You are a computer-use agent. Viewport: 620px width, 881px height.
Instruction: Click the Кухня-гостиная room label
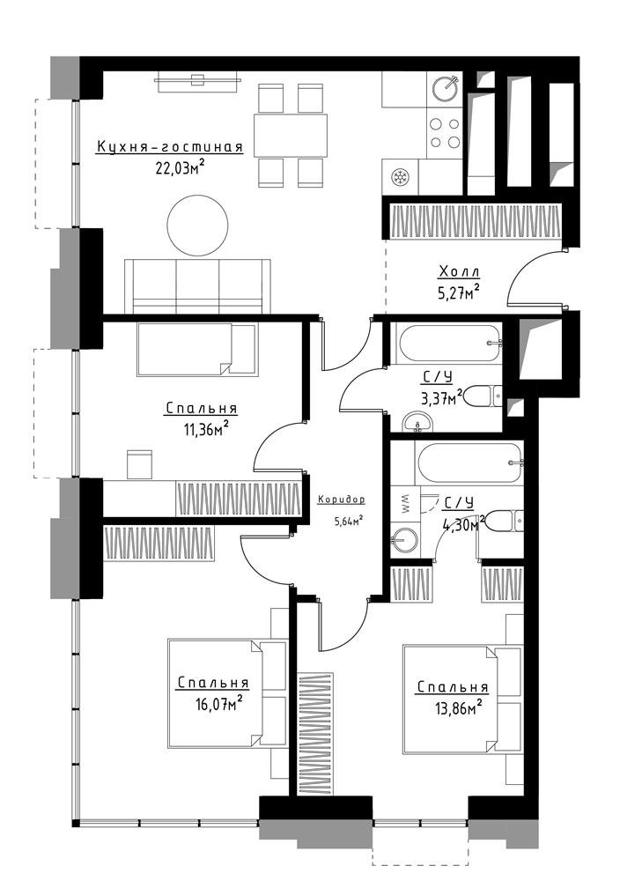[x=170, y=147]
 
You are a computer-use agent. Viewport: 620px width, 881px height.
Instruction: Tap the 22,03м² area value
[x=179, y=167]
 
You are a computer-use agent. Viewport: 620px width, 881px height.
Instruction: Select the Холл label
[x=459, y=272]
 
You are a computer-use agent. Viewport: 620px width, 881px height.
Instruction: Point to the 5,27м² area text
[x=457, y=292]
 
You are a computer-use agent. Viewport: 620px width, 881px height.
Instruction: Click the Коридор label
[x=342, y=500]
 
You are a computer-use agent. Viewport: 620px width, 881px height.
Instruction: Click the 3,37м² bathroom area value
[x=441, y=397]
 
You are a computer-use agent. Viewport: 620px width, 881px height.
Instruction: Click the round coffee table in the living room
[x=197, y=226]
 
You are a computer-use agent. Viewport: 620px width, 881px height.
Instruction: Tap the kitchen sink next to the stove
[x=446, y=88]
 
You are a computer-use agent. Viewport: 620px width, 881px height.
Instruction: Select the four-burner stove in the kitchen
[x=445, y=133]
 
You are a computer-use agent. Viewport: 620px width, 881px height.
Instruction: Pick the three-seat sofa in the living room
[x=197, y=286]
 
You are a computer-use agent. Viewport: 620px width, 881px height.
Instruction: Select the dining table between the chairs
[x=291, y=136]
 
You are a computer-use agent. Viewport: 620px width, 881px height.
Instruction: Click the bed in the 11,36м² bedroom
[x=197, y=349]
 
